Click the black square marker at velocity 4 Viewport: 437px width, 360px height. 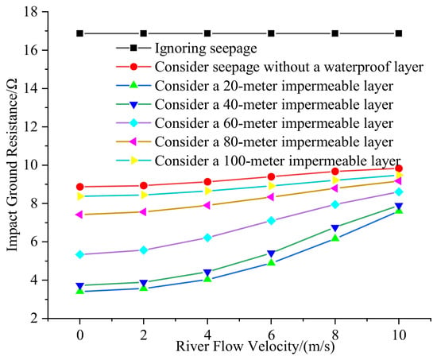click(207, 33)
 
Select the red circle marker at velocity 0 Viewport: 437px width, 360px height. click(80, 187)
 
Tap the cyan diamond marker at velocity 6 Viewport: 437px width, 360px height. click(271, 221)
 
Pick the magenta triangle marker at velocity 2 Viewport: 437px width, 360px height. click(143, 212)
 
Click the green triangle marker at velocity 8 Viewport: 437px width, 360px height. click(335, 238)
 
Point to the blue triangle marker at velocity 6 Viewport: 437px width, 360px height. click(271, 254)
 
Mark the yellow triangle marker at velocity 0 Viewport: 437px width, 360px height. click(80, 196)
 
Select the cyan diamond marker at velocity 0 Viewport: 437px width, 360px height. click(80, 254)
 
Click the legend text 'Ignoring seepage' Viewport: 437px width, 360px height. click(206, 48)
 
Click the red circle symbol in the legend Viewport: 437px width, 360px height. click(133, 67)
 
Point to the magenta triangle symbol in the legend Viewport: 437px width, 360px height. click(133, 141)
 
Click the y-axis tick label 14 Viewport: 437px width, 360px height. click(31, 88)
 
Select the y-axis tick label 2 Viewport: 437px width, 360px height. click(34, 318)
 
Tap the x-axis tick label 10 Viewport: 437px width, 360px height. click(399, 335)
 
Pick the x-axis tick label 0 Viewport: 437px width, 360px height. click(80, 335)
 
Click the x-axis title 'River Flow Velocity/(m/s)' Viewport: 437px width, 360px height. click(255, 346)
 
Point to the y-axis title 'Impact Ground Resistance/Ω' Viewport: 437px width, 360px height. click(12, 165)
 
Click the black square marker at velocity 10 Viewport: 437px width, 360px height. click(399, 33)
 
